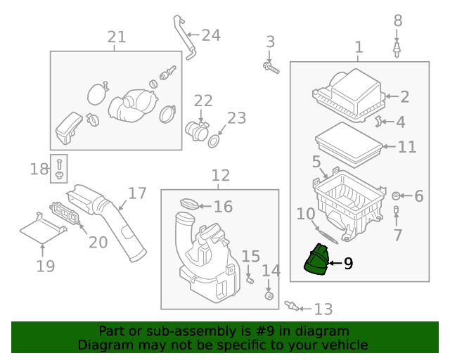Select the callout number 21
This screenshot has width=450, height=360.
116,37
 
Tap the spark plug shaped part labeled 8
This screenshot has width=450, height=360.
397,49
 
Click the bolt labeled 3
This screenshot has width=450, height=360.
270,67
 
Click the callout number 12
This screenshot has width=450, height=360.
220,175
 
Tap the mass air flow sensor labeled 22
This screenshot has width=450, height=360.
197,131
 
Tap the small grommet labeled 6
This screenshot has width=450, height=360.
397,195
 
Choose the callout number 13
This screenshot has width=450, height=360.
323,309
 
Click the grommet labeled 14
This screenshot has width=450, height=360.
268,295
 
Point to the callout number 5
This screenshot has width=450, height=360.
316,162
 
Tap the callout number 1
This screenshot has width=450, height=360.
359,47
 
